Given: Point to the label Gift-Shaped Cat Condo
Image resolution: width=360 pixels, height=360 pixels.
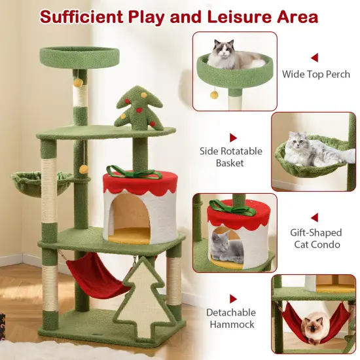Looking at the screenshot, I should [315, 238].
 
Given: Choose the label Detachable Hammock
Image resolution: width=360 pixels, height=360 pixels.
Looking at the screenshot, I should [231, 318].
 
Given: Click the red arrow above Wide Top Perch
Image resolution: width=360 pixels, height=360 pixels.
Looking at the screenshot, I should [314, 58].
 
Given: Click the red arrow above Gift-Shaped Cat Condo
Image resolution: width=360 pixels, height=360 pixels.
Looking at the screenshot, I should [314, 217].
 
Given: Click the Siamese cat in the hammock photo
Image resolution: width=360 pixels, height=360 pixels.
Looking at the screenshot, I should [314, 327].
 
